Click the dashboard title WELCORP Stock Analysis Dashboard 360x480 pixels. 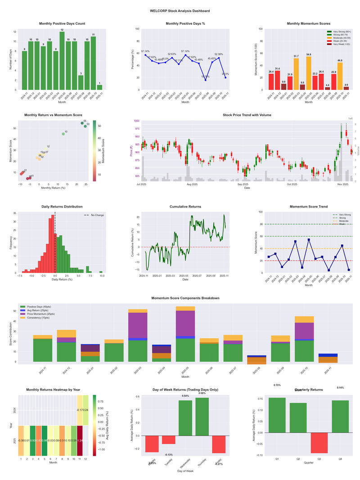[180, 11]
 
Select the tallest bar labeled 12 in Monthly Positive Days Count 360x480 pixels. [62, 60]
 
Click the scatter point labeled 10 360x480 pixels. [63, 134]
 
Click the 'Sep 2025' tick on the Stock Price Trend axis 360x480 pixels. [243, 184]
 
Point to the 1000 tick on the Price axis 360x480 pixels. [136, 121]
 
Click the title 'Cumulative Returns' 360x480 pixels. [185, 207]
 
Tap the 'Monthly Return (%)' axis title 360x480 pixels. [52, 188]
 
